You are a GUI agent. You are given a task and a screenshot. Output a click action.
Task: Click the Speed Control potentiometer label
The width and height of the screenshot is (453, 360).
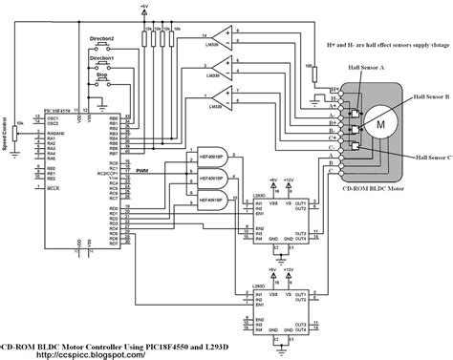[x=5, y=133]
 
